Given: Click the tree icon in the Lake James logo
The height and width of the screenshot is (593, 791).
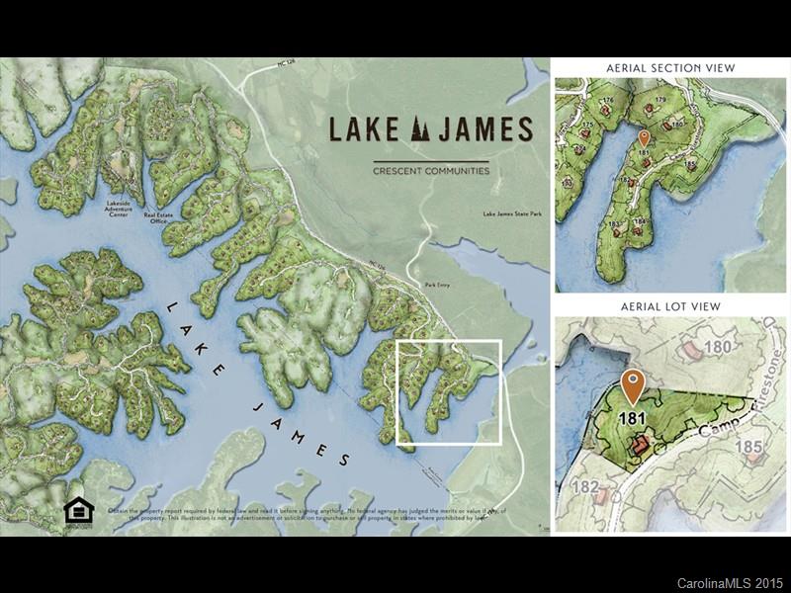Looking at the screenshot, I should point(419,129).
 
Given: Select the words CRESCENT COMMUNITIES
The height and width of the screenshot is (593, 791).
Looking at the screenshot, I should point(430,171).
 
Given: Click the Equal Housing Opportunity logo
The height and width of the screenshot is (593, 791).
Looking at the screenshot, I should point(78,511).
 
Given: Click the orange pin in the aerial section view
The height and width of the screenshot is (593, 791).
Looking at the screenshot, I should point(645,138).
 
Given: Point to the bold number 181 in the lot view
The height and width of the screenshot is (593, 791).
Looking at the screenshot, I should point(634,418).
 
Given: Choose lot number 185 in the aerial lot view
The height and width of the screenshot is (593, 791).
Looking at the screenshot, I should point(748,447).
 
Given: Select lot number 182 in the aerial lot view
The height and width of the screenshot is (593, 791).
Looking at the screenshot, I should point(585,486).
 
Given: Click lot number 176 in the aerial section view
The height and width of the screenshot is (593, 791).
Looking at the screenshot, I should point(608,100).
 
